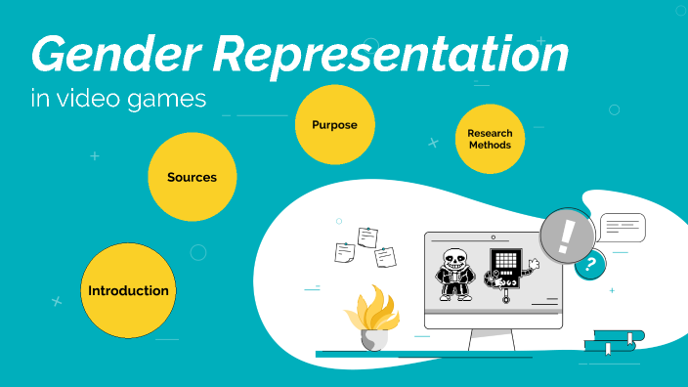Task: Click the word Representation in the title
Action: pos(392,56)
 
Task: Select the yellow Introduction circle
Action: pos(128,290)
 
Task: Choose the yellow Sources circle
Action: pos(192,177)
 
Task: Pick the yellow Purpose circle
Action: pos(334,125)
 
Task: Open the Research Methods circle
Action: pos(490,139)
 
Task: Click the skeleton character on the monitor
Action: pos(453,276)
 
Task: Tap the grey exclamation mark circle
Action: pos(568,236)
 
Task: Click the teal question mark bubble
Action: pos(589,265)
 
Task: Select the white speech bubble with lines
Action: pos(623,227)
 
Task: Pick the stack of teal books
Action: pos(613,342)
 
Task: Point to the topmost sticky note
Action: pos(367,236)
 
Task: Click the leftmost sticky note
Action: pos(344,251)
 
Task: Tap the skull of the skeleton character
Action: pos(452,261)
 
